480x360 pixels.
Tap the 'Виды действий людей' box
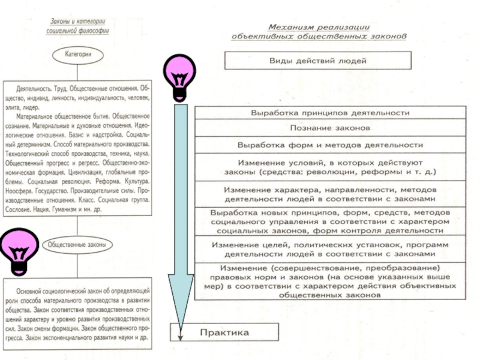click(317, 61)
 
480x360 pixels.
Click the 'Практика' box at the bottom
click(225, 332)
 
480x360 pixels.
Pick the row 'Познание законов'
click(330, 128)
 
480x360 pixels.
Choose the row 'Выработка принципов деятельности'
click(330, 113)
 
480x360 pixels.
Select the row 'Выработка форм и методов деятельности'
click(330, 145)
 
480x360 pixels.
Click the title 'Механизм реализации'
click(319, 27)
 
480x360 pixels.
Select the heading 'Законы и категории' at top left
click(77, 22)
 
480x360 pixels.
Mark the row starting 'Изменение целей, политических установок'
click(330, 248)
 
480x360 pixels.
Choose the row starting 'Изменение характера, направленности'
click(330, 194)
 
